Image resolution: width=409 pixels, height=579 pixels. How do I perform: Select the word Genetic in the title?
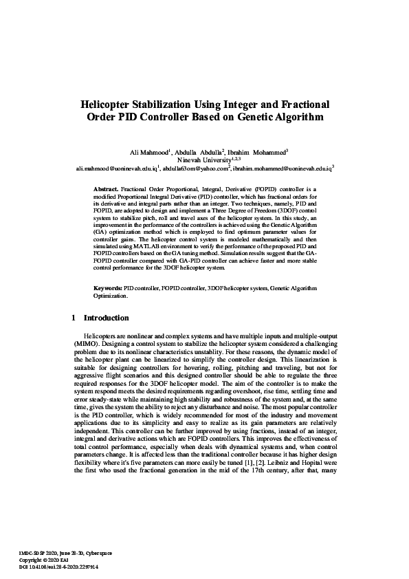[x=257, y=118]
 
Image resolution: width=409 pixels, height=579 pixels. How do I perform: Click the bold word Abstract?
[x=106, y=188]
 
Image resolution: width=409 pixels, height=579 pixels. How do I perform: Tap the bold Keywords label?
[x=108, y=288]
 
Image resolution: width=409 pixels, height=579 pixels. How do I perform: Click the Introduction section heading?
[x=106, y=318]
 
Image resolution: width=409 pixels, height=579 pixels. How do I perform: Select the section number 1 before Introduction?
[x=74, y=318]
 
